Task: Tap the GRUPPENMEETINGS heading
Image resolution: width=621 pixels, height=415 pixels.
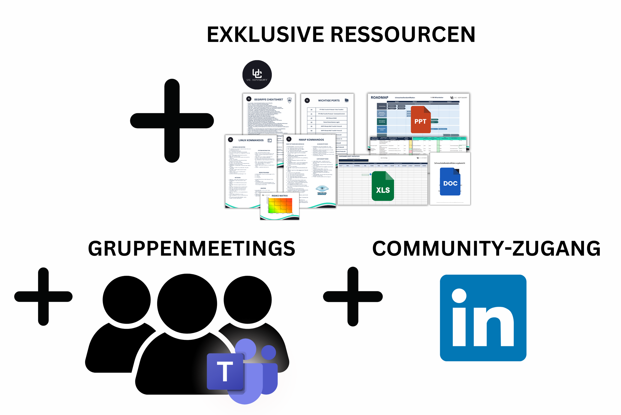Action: (x=192, y=249)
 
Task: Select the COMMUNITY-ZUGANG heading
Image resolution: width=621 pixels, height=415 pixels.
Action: (x=486, y=249)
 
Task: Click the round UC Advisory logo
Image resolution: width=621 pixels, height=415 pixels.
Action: (x=257, y=75)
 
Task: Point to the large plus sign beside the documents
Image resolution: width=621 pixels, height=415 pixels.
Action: (x=172, y=121)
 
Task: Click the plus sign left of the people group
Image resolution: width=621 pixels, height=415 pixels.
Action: (x=43, y=296)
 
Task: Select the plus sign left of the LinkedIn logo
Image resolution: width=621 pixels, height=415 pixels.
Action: (x=353, y=296)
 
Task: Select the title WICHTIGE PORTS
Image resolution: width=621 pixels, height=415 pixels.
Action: (x=329, y=101)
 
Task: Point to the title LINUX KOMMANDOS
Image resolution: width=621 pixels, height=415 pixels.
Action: (x=251, y=140)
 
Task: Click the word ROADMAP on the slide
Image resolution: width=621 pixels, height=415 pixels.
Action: (x=379, y=97)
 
